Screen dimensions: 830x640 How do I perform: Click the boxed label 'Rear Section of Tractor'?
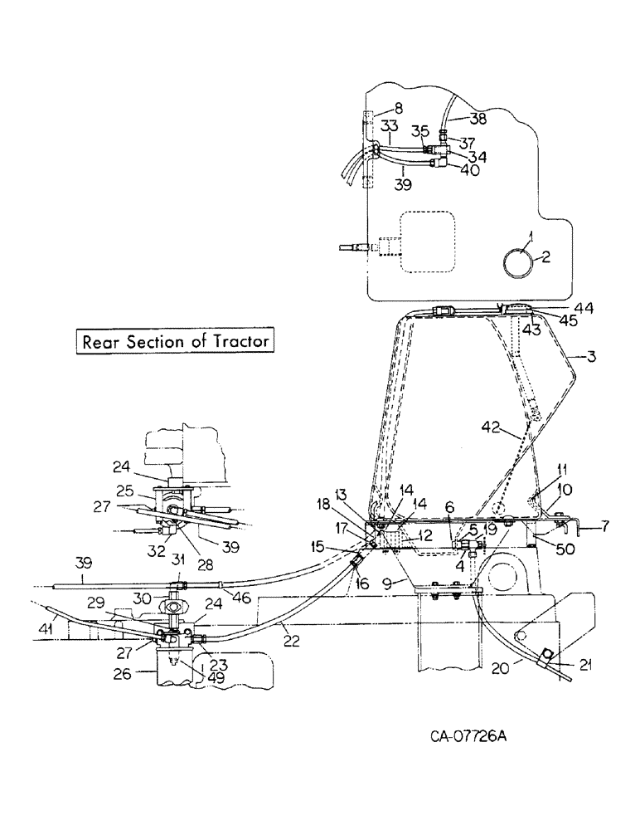coord(175,341)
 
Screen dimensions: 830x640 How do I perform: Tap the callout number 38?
coord(478,119)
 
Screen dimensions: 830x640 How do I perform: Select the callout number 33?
coord(390,126)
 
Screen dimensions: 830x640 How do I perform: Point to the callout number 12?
coord(424,536)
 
